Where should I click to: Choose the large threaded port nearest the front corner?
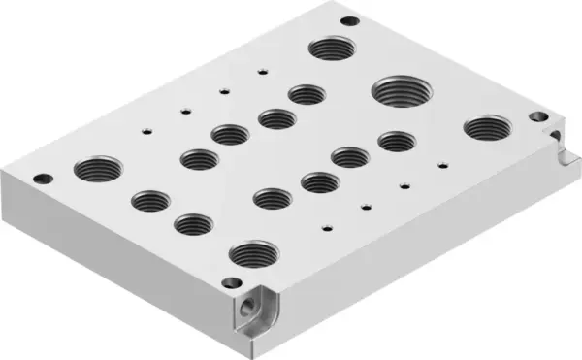(251, 254)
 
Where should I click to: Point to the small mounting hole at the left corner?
(42, 178)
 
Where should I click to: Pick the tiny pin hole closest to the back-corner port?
(263, 70)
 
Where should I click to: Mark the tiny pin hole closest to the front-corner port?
(328, 229)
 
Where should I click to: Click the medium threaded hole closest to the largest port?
(396, 142)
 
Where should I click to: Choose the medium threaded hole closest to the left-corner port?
(149, 201)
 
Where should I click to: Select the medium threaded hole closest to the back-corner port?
(306, 94)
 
